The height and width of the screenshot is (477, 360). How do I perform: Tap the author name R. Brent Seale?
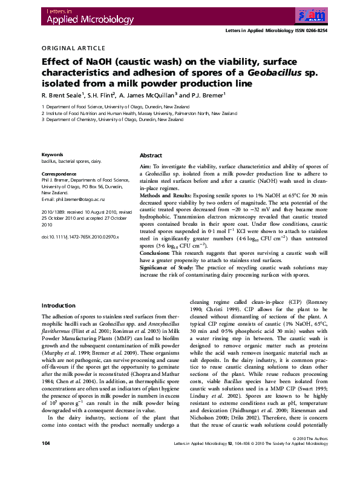61,95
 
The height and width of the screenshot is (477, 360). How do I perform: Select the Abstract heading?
151,156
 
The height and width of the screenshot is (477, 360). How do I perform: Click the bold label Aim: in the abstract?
146,166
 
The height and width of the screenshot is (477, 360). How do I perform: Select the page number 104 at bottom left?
45,461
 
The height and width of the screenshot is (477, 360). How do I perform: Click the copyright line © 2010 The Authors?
309,455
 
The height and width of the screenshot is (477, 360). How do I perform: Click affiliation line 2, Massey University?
141,113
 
